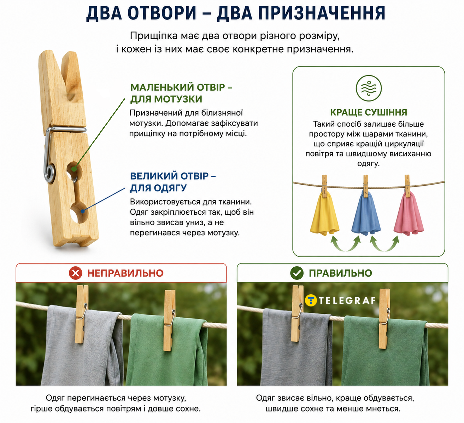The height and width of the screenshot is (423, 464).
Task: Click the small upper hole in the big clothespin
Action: coord(74,171)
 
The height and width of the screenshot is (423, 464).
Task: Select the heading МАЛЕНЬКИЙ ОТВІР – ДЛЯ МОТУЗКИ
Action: coord(181,93)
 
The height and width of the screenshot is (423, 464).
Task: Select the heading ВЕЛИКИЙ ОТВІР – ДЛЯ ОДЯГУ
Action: coord(173,182)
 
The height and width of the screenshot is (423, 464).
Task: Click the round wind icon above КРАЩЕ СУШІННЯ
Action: coord(369,88)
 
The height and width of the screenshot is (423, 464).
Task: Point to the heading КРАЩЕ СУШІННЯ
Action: coord(369,112)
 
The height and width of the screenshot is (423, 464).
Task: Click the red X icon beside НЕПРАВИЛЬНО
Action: coord(75,273)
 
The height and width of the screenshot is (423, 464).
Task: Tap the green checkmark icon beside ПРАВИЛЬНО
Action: coord(297,273)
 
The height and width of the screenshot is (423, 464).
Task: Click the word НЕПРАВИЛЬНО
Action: coord(125,273)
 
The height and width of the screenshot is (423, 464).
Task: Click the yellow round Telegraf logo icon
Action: coord(311,301)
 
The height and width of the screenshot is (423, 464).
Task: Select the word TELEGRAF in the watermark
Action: coord(347,301)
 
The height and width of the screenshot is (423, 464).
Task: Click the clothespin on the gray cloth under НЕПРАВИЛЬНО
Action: coord(82,314)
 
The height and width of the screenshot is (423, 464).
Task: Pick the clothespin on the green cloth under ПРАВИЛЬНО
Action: coord(384,318)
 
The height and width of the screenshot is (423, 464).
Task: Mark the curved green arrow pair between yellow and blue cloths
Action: coord(346,244)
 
